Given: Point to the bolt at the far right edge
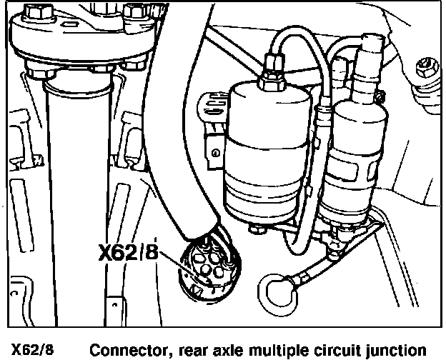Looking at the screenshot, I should pos(427,70).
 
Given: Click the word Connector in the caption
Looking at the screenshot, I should pos(126,350).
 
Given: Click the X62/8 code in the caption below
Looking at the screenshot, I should pos(32,350).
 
